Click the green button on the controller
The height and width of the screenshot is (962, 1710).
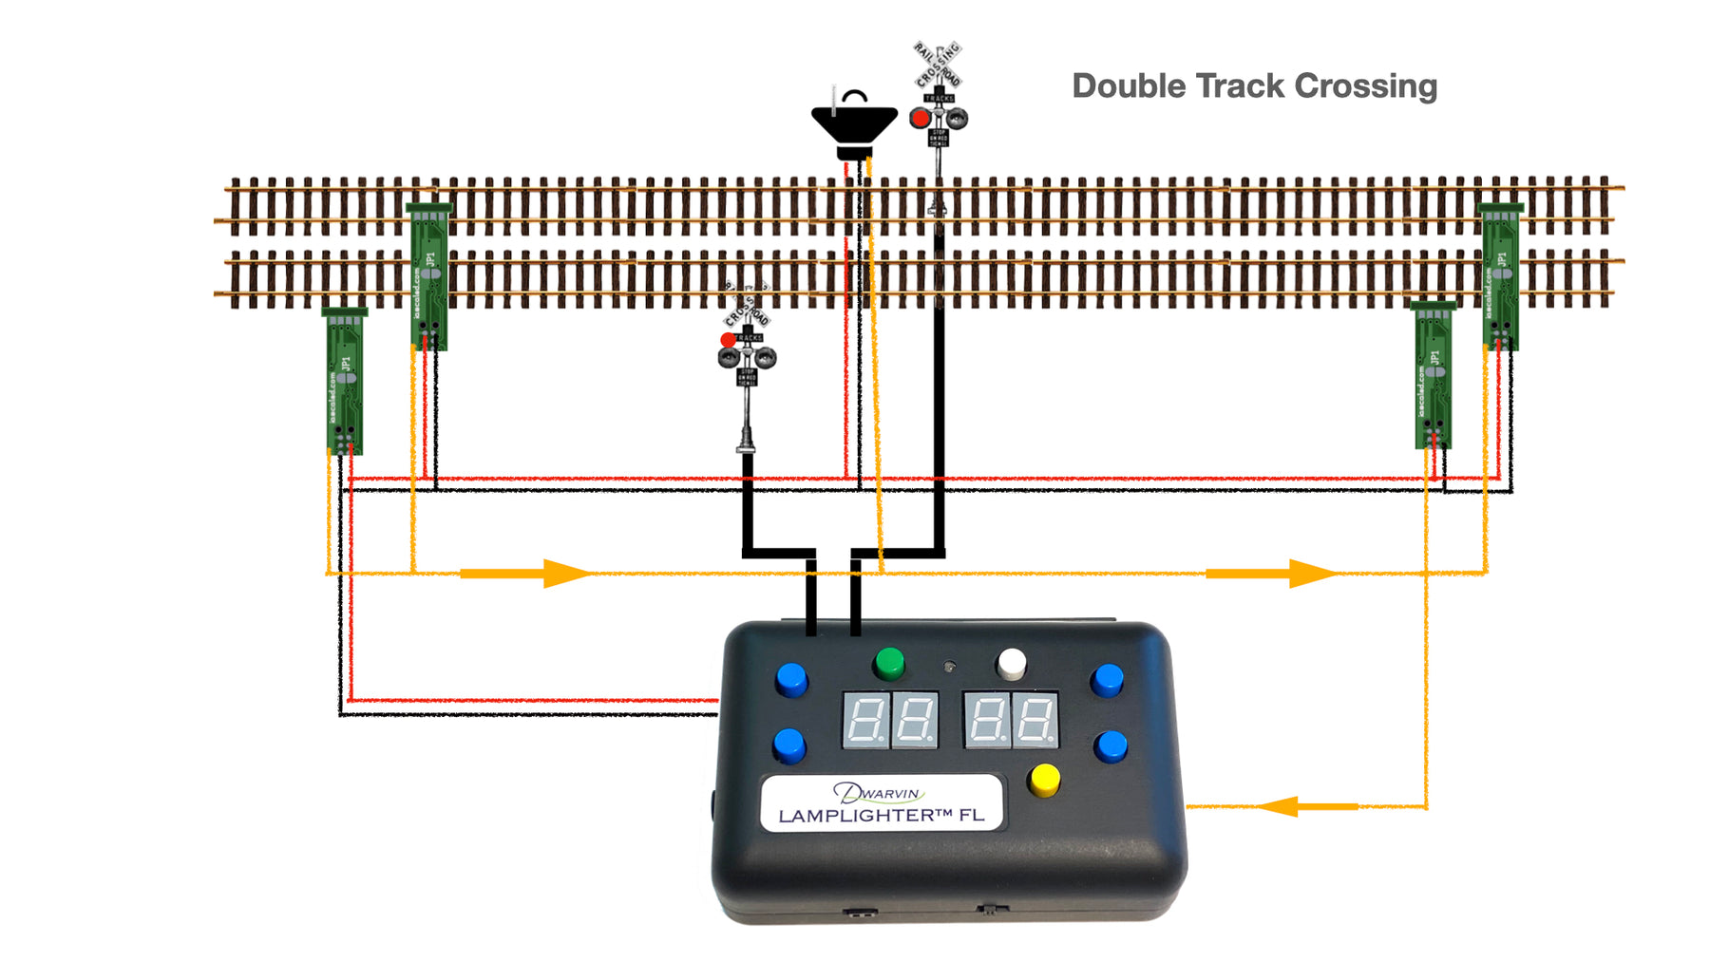(888, 663)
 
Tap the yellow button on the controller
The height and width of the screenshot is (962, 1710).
(1044, 781)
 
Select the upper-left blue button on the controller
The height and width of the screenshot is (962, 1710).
(790, 679)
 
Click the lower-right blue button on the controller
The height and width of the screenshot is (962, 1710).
(1110, 746)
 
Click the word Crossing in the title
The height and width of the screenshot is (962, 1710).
(1365, 86)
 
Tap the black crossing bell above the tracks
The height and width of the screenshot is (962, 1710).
(854, 125)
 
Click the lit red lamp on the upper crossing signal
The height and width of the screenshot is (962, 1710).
(920, 119)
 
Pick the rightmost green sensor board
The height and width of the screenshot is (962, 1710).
(1500, 276)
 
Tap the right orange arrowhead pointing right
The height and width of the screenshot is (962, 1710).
(1312, 573)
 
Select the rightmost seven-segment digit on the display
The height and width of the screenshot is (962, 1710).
(1035, 720)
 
